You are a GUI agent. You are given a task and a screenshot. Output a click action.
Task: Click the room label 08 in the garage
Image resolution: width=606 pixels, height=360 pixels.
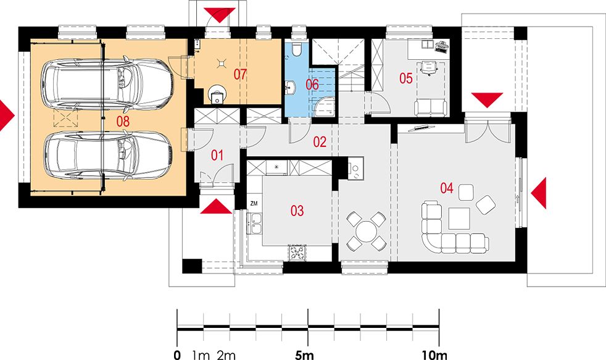(123, 122)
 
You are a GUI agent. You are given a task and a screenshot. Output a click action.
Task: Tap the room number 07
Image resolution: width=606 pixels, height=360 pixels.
(240, 74)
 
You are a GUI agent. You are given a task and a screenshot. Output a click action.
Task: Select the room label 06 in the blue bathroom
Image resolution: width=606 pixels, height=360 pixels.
(312, 85)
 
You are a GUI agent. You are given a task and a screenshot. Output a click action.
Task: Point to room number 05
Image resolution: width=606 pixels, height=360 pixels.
(406, 78)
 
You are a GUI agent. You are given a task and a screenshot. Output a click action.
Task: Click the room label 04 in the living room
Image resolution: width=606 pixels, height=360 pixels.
(447, 188)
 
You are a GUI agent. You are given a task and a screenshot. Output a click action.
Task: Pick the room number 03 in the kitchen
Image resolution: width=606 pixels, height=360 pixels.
(297, 211)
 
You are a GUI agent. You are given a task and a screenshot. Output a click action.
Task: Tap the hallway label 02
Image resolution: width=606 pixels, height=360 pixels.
(320, 142)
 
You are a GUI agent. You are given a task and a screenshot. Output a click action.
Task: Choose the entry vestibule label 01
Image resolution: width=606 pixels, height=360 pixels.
(217, 156)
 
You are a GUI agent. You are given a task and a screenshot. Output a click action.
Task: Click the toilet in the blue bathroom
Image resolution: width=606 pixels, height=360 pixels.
(297, 49)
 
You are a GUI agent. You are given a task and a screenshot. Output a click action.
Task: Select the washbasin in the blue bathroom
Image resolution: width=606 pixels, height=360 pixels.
(290, 88)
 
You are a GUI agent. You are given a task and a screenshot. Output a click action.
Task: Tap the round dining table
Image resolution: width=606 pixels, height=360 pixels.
(366, 232)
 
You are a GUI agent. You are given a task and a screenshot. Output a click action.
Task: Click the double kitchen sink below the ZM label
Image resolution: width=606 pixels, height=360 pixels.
(255, 224)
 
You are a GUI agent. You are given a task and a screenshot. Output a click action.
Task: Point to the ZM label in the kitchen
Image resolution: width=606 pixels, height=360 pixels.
(254, 204)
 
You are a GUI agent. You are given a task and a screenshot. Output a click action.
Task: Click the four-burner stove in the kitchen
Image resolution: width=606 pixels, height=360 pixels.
(297, 253)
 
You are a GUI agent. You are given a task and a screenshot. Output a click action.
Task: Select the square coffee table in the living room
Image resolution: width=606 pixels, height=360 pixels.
(459, 219)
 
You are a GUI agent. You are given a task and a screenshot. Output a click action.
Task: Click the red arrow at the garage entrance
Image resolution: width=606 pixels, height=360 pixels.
(7, 115)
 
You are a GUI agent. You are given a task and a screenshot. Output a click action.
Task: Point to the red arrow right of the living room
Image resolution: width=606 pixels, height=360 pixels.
(538, 193)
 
